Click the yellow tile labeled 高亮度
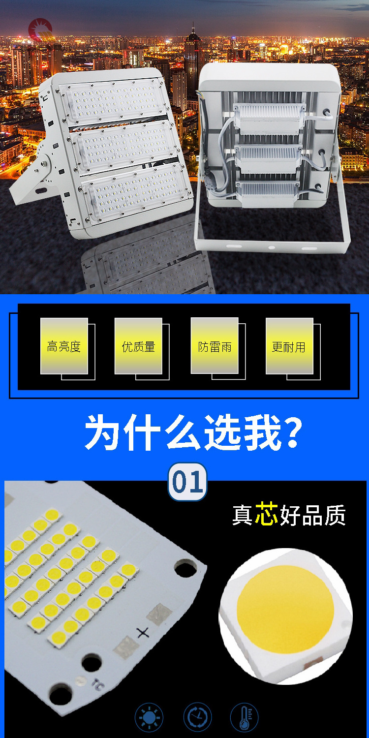(64, 346)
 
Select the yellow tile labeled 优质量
(138, 346)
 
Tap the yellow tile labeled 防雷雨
(215, 345)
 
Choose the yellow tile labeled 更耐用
(289, 346)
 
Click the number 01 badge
(187, 482)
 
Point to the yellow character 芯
(266, 513)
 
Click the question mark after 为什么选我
(293, 432)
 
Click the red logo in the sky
(41, 30)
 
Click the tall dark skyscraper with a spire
(193, 60)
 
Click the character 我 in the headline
(263, 432)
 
